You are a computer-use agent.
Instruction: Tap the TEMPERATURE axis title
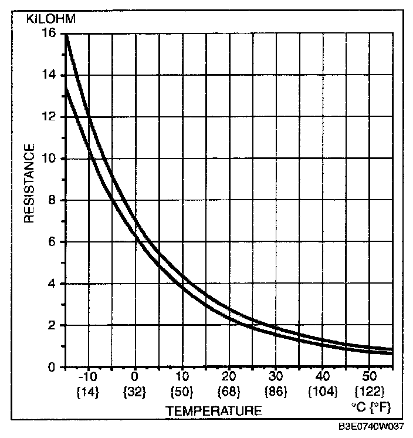214,411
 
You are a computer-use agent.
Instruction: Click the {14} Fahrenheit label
88,389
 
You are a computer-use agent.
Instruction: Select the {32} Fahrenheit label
135,389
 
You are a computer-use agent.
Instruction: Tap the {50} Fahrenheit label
182,389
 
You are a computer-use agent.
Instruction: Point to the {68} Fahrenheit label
229,389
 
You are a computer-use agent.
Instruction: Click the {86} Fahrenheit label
276,389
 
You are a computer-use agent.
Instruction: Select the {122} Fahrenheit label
370,389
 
